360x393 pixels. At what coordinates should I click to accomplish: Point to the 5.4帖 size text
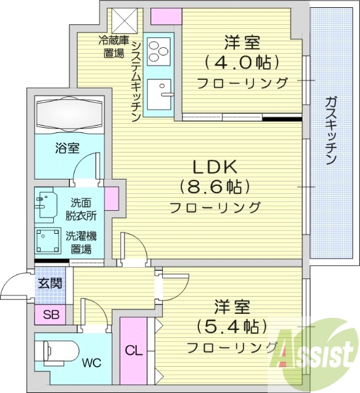pyautogui.click(x=232, y=326)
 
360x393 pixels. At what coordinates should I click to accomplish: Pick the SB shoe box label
pyautogui.click(x=50, y=315)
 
